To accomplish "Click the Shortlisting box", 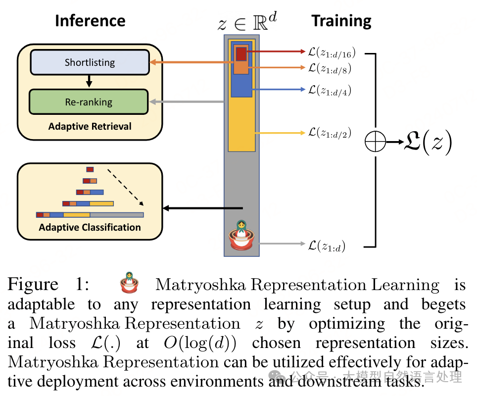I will tap(90, 62).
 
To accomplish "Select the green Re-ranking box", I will tap(89, 102).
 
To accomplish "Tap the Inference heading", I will tap(90, 21).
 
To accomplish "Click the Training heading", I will tap(341, 21).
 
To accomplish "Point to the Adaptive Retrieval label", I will tap(90, 126).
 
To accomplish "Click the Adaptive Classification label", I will tap(90, 227).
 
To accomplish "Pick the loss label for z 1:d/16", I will tap(332, 52).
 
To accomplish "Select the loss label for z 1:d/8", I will tap(330, 68).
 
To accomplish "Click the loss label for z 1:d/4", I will tap(330, 90).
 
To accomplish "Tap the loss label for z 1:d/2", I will tap(330, 133).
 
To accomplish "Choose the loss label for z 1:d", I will tap(327, 245).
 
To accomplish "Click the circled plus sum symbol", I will tap(375, 143).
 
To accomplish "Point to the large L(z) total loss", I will tap(429, 143).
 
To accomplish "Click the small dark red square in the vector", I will tap(241, 53).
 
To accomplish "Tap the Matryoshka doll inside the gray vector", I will tap(241, 235).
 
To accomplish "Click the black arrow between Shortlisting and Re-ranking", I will tap(89, 81).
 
